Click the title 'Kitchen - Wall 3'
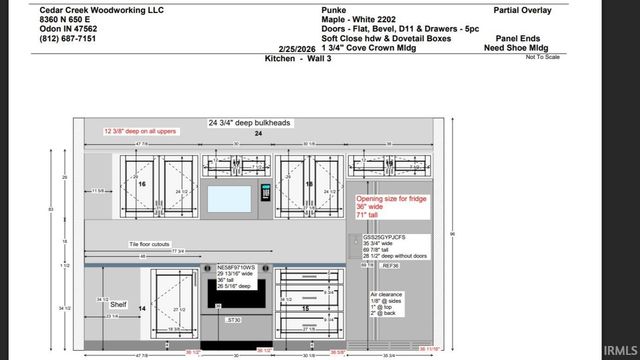(297, 59)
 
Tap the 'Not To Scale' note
(542, 57)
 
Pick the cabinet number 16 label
(141, 185)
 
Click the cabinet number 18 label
(308, 185)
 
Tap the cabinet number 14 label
(141, 309)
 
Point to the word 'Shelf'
(118, 304)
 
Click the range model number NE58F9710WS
(236, 267)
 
